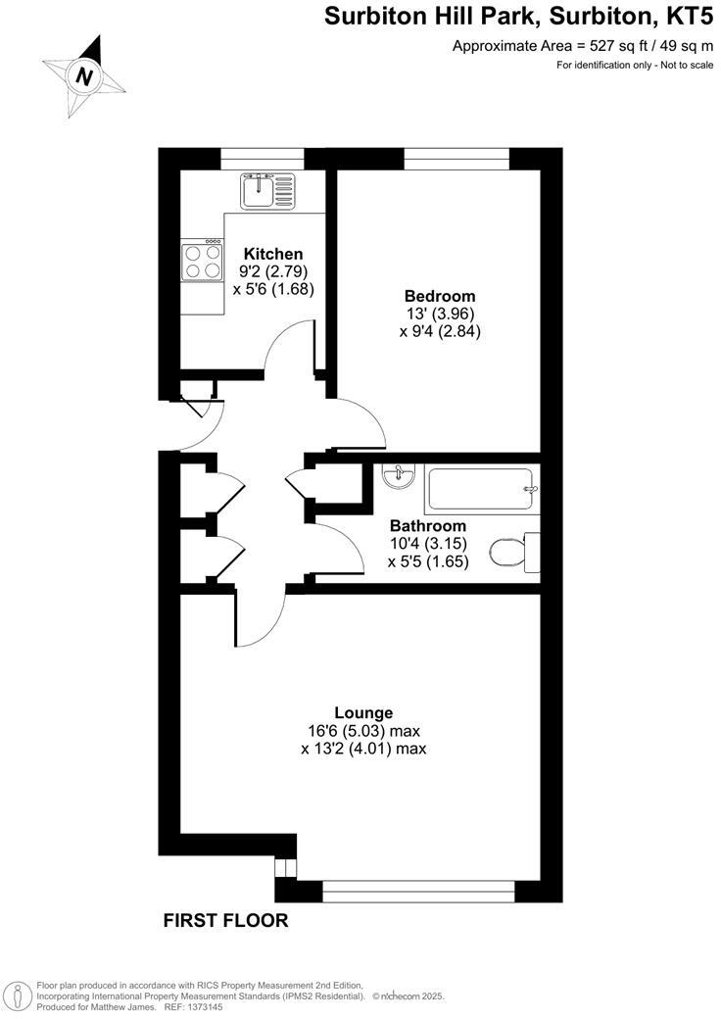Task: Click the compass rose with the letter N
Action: [85, 74]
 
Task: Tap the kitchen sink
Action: [266, 190]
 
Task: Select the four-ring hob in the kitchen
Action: [203, 261]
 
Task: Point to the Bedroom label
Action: [440, 296]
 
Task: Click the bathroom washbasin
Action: [400, 476]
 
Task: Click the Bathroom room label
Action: [428, 526]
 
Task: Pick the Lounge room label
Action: [363, 712]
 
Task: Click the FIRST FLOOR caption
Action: [225, 920]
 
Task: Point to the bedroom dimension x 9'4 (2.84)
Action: [440, 331]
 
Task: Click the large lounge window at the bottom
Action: [418, 891]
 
